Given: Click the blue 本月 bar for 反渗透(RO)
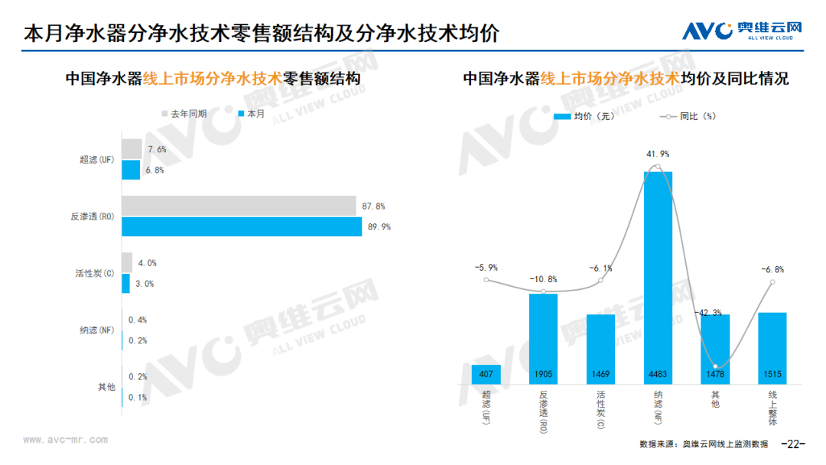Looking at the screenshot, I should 242,227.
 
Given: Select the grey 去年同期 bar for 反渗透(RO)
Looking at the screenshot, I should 239,206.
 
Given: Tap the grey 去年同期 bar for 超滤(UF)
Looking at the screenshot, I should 132,148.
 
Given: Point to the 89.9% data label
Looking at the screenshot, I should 380,227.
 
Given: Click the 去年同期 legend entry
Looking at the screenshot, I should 184,113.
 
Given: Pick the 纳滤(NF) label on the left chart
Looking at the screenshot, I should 97,330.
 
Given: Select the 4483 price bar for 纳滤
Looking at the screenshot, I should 658,277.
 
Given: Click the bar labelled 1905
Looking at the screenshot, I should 543,338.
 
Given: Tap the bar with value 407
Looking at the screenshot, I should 486,374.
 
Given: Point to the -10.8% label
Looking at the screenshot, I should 543,279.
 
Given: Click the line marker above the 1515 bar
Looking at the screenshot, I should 772,282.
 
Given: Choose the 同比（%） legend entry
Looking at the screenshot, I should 685,116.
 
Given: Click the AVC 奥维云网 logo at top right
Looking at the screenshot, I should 742,31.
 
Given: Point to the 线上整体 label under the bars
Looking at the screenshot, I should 772,408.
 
